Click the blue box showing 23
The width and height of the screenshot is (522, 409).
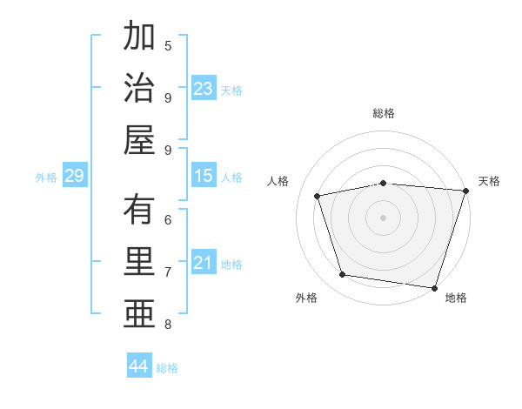pos(204,89)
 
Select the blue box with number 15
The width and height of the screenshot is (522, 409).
pos(204,177)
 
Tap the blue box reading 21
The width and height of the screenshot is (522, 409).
pos(204,263)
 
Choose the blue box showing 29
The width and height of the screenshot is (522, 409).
pos(74,177)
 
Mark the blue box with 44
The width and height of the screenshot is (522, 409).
pos(138,366)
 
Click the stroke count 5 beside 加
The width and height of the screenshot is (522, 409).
pos(168,45)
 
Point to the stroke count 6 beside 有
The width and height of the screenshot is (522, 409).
pos(168,220)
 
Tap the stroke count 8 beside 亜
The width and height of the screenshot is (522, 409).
pos(168,325)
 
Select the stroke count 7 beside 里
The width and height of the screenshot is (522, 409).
pos(168,272)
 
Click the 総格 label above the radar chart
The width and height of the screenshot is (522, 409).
pos(384,114)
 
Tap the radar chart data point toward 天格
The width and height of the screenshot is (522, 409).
pos(465,191)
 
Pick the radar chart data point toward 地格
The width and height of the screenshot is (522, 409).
pos(434,287)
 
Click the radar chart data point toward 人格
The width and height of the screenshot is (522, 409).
pos(318,196)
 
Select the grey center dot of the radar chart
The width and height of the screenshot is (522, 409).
pos(383,217)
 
